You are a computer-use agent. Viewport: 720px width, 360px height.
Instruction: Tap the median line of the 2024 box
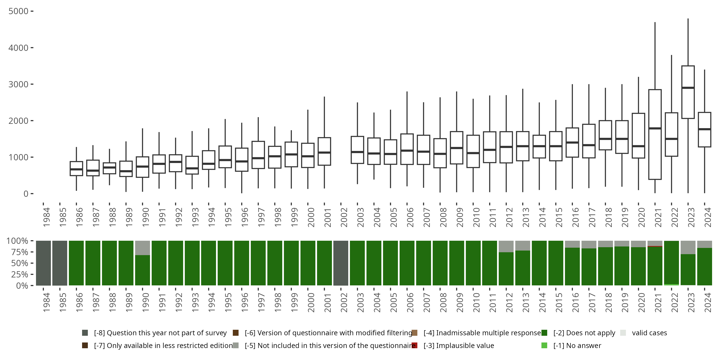pyautogui.click(x=704, y=129)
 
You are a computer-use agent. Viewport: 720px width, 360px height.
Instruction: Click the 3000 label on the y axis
pyautogui.click(x=18, y=84)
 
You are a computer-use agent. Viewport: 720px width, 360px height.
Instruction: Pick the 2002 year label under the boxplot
pyautogui.click(x=343, y=217)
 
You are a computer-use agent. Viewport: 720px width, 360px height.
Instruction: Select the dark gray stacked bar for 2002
pyautogui.click(x=341, y=263)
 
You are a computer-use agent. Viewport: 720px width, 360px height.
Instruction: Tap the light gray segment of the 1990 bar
pyautogui.click(x=143, y=248)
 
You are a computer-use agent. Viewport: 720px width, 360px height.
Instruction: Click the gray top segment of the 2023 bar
pyautogui.click(x=688, y=247)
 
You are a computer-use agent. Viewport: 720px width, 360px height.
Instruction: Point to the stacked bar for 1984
pyautogui.click(x=43, y=263)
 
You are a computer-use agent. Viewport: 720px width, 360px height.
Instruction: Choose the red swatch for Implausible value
pyautogui.click(x=414, y=345)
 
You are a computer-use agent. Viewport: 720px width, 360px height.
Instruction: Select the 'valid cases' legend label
pyautogui.click(x=649, y=333)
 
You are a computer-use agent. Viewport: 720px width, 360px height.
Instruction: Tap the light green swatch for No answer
pyautogui.click(x=544, y=345)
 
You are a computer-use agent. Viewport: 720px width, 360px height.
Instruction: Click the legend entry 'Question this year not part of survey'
pyautogui.click(x=160, y=333)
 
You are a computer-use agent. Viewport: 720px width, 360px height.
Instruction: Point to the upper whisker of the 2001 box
pyautogui.click(x=324, y=117)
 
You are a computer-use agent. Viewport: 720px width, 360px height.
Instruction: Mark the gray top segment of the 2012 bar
pyautogui.click(x=506, y=246)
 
